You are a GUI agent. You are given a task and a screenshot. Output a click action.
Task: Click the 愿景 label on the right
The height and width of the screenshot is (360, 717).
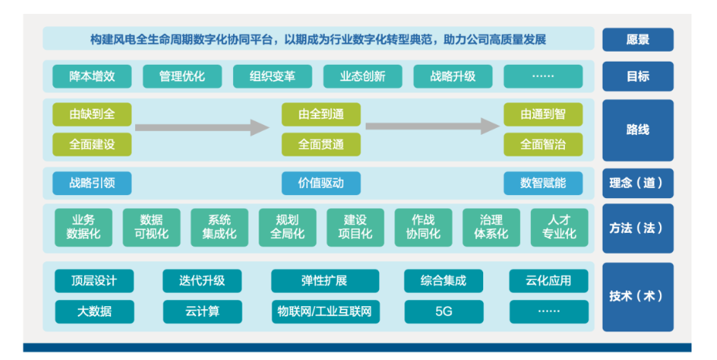(x=637, y=39)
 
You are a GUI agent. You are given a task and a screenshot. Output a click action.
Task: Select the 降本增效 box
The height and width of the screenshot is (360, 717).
(x=91, y=76)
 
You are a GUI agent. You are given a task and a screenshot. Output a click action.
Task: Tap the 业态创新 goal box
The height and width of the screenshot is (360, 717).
(x=363, y=76)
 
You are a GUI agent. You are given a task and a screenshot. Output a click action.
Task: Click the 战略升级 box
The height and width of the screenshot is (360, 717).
(x=452, y=76)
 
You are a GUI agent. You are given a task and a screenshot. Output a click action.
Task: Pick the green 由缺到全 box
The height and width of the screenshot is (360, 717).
(x=91, y=115)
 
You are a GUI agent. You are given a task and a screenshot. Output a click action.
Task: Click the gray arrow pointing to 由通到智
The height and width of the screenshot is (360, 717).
(x=432, y=126)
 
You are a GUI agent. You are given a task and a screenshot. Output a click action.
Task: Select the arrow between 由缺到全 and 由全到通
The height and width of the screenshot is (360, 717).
(x=202, y=126)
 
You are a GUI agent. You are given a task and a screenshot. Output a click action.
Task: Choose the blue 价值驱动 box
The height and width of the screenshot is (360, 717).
(x=320, y=183)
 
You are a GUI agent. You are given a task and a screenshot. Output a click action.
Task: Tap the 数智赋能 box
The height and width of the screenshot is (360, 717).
(x=543, y=183)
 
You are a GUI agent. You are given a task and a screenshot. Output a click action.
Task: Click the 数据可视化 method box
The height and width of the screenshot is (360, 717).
(x=151, y=227)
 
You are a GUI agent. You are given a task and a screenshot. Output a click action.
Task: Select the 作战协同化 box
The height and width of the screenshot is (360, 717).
(x=423, y=227)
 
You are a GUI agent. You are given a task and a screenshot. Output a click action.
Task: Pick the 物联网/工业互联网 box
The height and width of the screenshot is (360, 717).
(x=325, y=311)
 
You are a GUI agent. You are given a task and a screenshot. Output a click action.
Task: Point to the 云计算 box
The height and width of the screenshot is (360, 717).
(x=202, y=311)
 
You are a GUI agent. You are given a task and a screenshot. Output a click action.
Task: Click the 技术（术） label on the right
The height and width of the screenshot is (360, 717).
(x=637, y=296)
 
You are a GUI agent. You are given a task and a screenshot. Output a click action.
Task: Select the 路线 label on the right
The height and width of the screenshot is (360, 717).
(x=637, y=130)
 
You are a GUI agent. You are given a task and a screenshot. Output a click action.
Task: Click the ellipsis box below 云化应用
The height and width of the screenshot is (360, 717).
(x=549, y=311)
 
